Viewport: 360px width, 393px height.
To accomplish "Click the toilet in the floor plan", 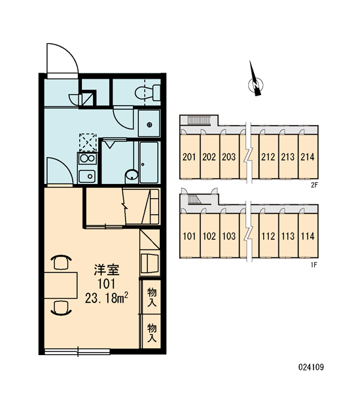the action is tap(148, 92).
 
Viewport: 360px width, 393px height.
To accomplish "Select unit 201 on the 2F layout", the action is tap(189, 157).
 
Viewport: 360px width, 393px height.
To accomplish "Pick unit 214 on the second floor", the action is tap(308, 157).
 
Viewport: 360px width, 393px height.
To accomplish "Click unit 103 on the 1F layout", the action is tap(229, 236).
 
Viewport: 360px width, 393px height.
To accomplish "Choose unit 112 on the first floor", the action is tap(268, 236).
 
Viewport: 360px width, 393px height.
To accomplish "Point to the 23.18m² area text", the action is tap(107, 299).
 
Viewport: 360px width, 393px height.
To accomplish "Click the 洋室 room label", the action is tap(107, 270).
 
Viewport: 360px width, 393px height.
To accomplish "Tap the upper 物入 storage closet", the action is tap(152, 297).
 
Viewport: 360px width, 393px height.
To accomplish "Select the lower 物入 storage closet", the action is tap(152, 331).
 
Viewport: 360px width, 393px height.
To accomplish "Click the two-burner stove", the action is tap(87, 159).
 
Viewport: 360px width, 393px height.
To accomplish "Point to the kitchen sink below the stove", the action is tap(87, 176).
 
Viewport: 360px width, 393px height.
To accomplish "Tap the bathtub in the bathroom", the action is tap(149, 162).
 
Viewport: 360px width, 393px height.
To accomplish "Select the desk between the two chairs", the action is tap(61, 285).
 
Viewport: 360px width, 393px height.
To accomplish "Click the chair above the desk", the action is tap(61, 262).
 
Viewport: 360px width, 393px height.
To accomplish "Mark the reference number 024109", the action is tap(311, 367).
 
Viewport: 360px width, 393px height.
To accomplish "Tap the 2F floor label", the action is tap(314, 185).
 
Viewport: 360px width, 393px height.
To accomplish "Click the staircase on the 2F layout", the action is tap(199, 120).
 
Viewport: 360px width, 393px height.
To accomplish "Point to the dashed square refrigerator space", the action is tap(88, 143).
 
